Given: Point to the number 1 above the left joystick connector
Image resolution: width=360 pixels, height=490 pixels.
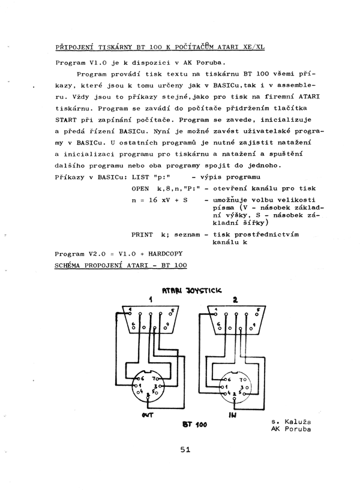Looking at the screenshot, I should (x=151, y=300).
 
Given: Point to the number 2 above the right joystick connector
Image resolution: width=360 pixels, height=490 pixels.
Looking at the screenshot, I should (x=235, y=299).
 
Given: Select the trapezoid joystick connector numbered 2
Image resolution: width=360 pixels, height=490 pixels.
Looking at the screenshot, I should (x=235, y=321).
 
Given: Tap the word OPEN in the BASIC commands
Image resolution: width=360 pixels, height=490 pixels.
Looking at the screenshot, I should (x=139, y=188).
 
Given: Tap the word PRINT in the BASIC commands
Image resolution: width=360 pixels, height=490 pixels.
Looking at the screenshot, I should (x=142, y=235).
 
